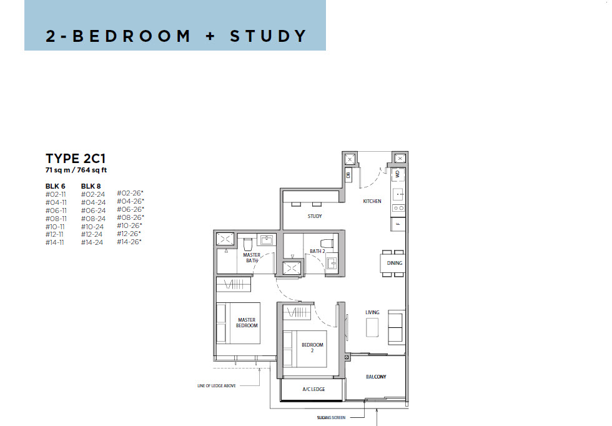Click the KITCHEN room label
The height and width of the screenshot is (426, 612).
pos(372,201)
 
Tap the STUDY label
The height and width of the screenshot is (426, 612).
pos(315,216)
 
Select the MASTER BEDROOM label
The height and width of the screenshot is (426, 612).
pos(247,322)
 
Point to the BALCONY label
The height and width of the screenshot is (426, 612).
pos(376,377)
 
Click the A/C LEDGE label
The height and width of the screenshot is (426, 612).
pos(313,389)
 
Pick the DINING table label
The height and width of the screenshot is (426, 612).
pos(394,263)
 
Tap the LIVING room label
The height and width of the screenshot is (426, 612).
pos(372,312)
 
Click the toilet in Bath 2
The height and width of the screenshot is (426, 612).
pos(327,243)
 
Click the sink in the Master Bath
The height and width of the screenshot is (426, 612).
pos(267,240)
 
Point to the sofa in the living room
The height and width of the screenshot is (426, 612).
pos(396,327)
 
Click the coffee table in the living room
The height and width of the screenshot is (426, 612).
pos(372,327)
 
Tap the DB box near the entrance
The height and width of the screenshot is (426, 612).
pos(348,175)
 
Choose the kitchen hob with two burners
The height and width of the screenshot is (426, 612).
pos(398,208)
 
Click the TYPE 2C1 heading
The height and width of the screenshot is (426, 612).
pos(76,159)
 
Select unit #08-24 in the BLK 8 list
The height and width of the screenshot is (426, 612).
pos(93,219)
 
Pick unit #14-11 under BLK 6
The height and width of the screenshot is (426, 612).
pos(55,242)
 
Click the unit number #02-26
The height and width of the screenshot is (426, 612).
pos(129,193)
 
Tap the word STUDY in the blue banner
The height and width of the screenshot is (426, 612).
pos(268,36)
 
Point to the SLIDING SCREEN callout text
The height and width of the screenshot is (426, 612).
pos(331,417)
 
